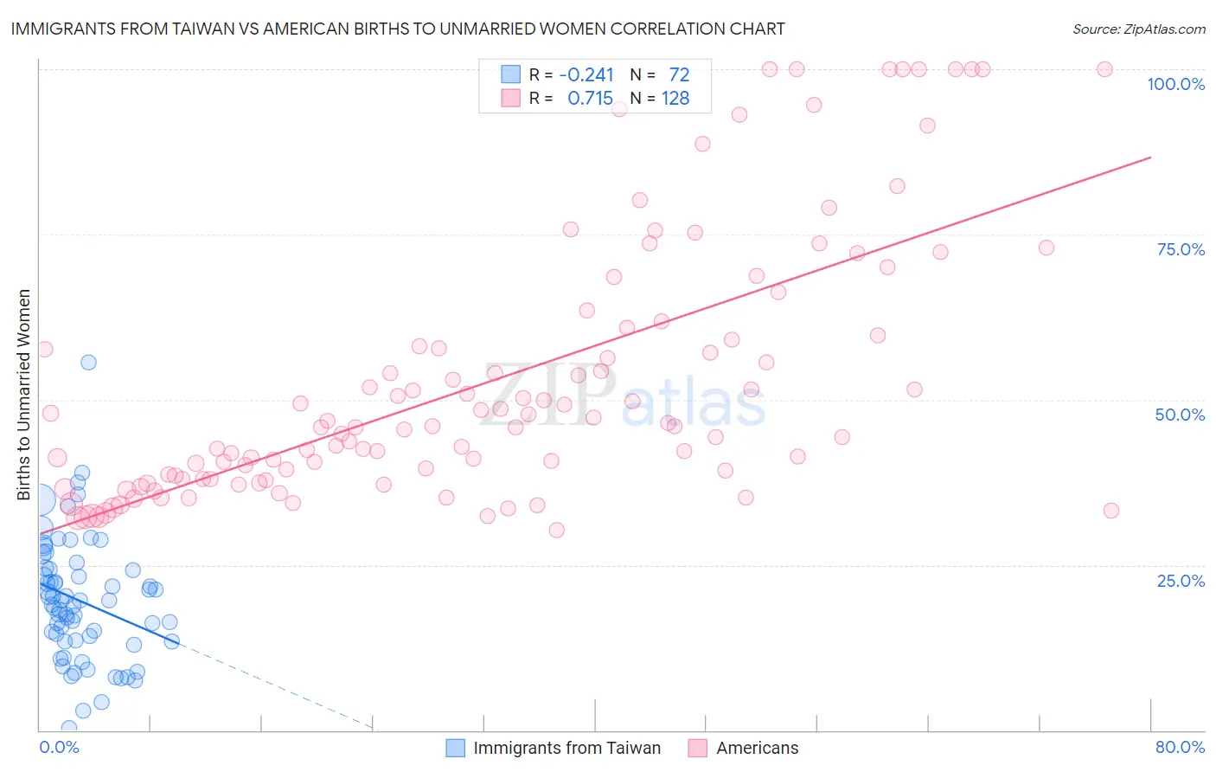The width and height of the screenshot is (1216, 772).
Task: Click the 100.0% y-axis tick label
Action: coord(1175,84)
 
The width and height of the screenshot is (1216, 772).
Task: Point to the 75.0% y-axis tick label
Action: coord(1181,249)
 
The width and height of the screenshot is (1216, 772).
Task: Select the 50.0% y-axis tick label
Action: coord(1180,415)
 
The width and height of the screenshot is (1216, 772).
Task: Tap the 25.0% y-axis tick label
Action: coord(1181,580)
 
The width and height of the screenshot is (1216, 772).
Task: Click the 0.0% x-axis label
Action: coord(59,747)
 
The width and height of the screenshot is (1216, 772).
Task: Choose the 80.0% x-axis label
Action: coord(1180,747)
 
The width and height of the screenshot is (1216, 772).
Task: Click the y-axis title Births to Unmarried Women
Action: coord(24,395)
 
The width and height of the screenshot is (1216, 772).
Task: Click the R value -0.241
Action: coord(586,75)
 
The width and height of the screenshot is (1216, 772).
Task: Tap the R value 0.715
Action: coord(590,99)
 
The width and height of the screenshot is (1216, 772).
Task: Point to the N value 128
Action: coord(675,99)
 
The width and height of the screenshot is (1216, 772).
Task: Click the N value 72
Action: coord(679,75)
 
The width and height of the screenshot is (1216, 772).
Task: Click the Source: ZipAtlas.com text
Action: coord(1138,29)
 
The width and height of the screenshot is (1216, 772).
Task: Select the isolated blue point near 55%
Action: coord(88,363)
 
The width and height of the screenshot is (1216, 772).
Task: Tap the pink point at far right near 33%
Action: coord(1111,511)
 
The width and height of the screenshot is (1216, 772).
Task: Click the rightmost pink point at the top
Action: coord(1104,69)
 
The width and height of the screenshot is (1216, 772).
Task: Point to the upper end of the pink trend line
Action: coord(1150,158)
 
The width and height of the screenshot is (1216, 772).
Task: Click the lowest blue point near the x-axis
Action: coord(69,728)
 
